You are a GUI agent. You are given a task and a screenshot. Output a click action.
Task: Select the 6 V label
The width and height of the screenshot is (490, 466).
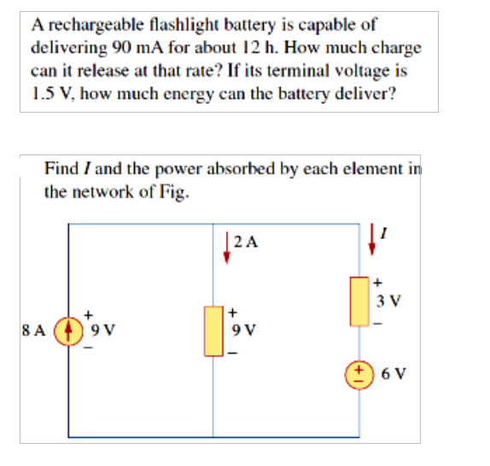[x=394, y=373]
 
